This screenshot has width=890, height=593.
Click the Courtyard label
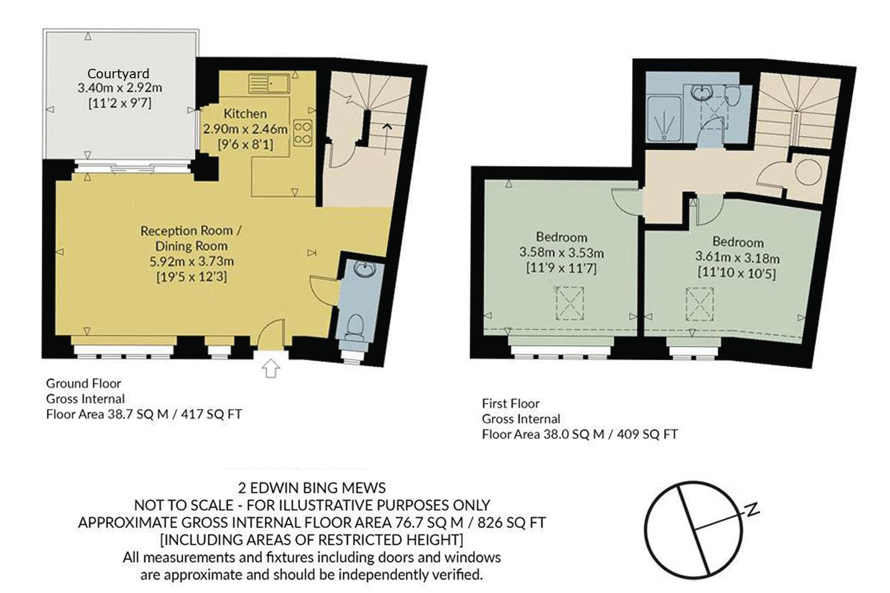point(118,74)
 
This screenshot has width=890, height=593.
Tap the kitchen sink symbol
point(269,83)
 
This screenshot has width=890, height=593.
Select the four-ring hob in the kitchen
point(303,133)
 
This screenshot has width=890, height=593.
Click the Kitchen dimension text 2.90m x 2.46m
point(245,129)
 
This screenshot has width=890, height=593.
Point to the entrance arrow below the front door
point(271,368)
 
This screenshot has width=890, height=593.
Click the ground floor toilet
point(356,327)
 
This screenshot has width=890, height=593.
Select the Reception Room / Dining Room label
point(191,239)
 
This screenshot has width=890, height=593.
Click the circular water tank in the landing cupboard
point(809,172)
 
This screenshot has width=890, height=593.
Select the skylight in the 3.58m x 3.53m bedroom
point(570,303)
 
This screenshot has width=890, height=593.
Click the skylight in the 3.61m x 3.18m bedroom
point(700,304)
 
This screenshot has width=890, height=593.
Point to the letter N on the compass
point(752,510)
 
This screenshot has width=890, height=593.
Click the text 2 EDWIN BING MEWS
point(312,488)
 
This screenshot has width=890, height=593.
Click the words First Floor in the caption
point(510,403)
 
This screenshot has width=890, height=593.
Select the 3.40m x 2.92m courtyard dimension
point(120,88)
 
